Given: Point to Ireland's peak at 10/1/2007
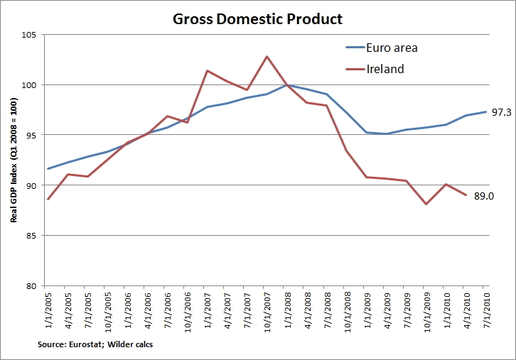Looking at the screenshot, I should pyautogui.click(x=267, y=57).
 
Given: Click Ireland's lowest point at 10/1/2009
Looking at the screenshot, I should pyautogui.click(x=426, y=204).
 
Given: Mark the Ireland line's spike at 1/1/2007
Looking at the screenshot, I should pyautogui.click(x=207, y=70).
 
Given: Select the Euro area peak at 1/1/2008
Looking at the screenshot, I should pyautogui.click(x=286, y=85).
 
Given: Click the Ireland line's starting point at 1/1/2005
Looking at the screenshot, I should pyautogui.click(x=48, y=200).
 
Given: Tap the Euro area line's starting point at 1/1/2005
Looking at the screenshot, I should pyautogui.click(x=48, y=169).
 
